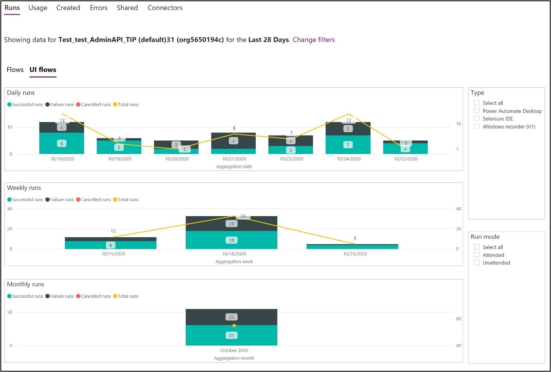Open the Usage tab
coord(38,8)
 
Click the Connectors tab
coord(165,8)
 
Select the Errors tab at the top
coord(98,8)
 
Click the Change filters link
coord(313,40)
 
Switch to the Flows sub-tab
coord(15,69)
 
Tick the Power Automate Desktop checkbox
coord(477,111)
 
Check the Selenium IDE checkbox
coord(477,119)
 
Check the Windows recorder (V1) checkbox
coord(477,126)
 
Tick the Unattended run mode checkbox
coord(477,263)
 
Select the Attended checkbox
coord(477,255)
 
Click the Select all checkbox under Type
coord(477,103)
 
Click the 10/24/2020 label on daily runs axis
coord(348,159)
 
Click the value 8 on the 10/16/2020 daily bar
coord(61,144)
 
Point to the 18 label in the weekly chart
coord(232,240)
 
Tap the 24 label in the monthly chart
coord(232,317)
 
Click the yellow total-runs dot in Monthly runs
coord(234,326)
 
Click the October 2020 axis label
coord(234,351)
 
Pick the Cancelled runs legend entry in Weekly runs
coord(94,200)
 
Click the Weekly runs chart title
coord(24,188)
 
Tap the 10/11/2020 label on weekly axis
coord(113,254)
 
